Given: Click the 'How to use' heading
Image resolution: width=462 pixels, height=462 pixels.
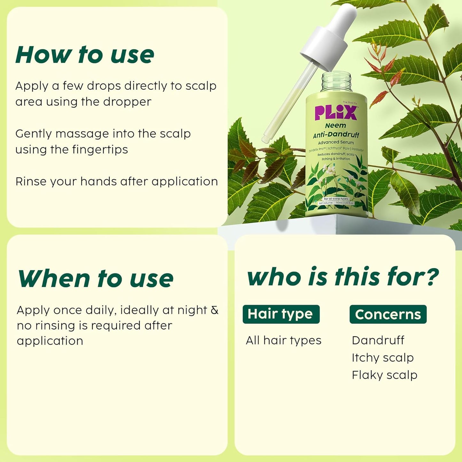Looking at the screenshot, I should [85, 55].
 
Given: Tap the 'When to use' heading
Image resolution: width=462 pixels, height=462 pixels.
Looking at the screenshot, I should [95, 279].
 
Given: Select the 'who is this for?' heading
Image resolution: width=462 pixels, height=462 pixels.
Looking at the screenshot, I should [343, 277].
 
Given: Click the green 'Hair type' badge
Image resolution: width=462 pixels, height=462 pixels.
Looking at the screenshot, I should [281, 314].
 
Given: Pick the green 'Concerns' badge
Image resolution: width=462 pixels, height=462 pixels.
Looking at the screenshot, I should [388, 314].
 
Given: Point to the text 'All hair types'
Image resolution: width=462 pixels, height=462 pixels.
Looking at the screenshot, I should [283, 341].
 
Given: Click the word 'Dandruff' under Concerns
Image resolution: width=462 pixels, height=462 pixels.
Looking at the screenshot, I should [378, 341].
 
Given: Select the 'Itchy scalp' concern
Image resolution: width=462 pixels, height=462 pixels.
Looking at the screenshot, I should [382, 358].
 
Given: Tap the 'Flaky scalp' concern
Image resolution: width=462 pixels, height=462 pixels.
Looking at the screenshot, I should [384, 375].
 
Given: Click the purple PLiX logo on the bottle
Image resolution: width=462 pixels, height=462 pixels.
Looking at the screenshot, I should [335, 113].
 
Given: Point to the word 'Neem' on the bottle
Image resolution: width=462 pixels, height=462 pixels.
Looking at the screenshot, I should [335, 126].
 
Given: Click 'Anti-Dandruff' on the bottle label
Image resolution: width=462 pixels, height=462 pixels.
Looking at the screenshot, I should [336, 135].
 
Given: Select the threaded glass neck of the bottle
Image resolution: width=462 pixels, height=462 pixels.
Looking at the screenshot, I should [336, 82].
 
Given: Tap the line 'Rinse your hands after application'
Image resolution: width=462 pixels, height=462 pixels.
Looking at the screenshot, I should [116, 182].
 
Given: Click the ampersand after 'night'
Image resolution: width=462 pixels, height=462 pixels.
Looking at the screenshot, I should [215, 310].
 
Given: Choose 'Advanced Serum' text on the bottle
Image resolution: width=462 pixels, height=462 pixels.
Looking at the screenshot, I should [336, 142].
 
